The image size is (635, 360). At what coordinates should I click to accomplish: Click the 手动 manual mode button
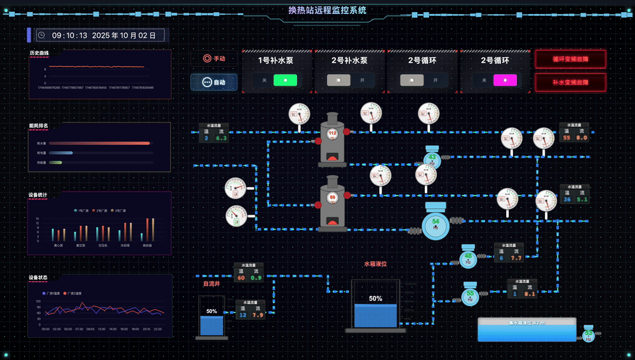click(214, 58)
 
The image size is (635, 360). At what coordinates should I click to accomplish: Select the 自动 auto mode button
click(214, 82)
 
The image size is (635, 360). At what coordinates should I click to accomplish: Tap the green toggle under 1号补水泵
click(285, 80)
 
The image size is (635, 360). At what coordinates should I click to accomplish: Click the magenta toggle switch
click(505, 80)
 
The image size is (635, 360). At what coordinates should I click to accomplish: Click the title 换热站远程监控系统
click(327, 10)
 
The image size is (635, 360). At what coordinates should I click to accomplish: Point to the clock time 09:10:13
click(70, 36)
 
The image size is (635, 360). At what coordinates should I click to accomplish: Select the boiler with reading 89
click(332, 203)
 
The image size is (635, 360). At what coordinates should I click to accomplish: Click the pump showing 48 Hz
click(468, 257)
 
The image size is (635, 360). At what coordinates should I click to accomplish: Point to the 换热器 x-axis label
click(147, 244)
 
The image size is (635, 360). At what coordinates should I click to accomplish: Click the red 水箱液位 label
click(375, 263)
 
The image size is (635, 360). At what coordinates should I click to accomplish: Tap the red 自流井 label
click(211, 284)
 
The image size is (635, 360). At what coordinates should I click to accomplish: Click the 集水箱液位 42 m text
click(526, 323)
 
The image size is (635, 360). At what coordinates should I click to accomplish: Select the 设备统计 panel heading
click(38, 195)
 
